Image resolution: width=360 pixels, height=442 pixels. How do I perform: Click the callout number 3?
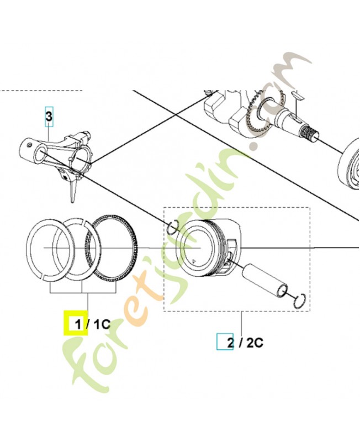click(49, 116)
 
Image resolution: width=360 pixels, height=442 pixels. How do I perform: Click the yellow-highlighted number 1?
click(78, 324)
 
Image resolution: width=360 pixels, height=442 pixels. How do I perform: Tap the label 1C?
click(102, 324)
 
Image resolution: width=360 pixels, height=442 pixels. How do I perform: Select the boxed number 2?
click(230, 343)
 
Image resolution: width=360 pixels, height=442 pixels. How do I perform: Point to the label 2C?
click(255, 343)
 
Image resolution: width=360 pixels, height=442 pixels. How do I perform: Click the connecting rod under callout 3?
click(56, 161)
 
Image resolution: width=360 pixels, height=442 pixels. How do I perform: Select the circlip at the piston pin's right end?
click(300, 301)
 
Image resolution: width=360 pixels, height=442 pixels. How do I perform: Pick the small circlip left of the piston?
click(172, 227)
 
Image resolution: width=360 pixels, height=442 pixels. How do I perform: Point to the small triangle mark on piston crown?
click(193, 261)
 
